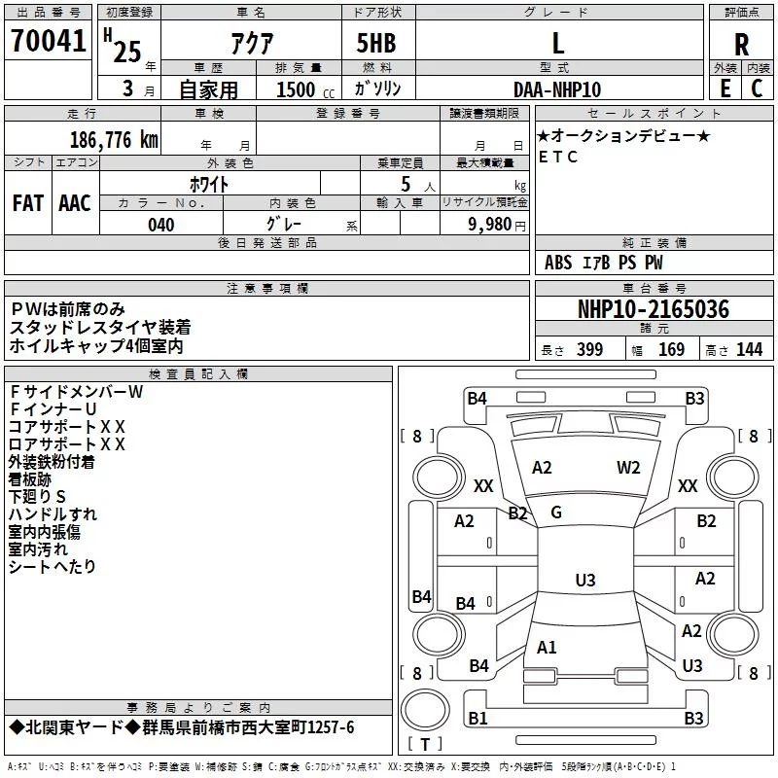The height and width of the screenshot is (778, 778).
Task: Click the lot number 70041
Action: (48, 42)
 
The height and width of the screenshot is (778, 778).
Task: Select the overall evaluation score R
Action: (742, 44)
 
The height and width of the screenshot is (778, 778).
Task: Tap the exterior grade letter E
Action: (725, 88)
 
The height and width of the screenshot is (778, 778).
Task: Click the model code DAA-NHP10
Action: (557, 89)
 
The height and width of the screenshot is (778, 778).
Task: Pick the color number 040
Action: (160, 226)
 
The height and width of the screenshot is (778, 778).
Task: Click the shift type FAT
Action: (28, 203)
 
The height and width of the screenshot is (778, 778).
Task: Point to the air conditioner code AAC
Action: (75, 203)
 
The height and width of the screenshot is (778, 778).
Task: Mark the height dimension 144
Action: (749, 350)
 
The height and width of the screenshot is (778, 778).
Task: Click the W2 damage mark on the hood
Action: (628, 468)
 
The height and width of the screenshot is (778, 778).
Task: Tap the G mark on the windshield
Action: (556, 513)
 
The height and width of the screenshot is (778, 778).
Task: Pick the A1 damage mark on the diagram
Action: (547, 648)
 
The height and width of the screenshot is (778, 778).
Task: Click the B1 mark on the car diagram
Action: (477, 719)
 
